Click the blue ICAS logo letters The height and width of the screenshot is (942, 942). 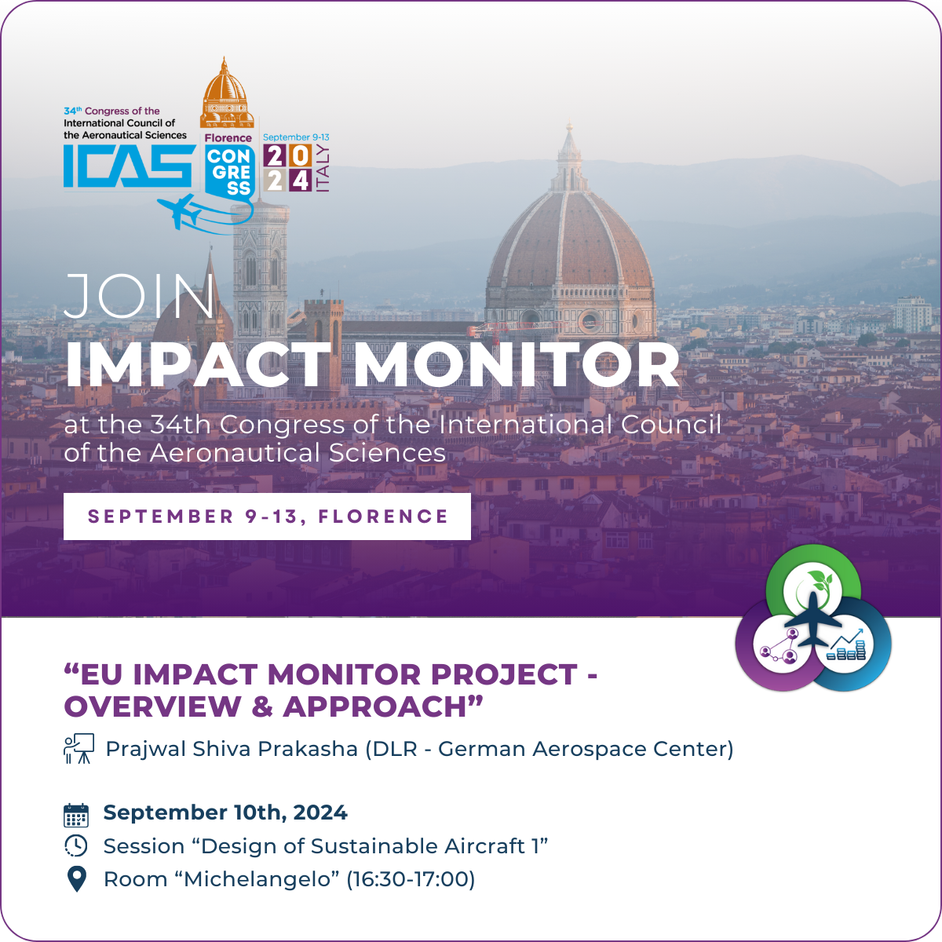[x=128, y=166]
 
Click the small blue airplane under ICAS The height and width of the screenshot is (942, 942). [x=180, y=211]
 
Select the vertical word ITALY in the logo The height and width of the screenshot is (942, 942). [x=322, y=169]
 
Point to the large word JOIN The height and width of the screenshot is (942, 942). [x=140, y=298]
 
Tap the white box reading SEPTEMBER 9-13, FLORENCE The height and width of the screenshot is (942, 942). [x=267, y=517]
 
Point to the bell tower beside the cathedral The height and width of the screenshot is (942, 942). [x=260, y=267]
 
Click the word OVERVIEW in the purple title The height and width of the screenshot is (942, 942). [x=153, y=706]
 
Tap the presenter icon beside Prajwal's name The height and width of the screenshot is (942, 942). [x=78, y=749]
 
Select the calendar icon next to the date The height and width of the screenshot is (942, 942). [x=76, y=815]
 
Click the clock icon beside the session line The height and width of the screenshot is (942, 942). [x=76, y=846]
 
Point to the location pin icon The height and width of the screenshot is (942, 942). [x=76, y=879]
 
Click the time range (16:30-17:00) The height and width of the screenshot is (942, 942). [x=411, y=879]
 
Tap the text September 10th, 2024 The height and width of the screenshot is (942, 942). [x=225, y=813]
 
